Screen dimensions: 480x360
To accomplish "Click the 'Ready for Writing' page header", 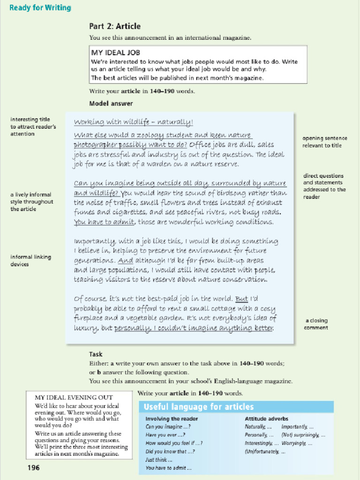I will point(40,7).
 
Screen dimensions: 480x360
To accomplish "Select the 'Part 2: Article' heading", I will point(115,26).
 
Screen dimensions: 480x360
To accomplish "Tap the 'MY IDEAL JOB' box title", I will point(115,52).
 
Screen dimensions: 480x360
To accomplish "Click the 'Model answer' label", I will point(111,103).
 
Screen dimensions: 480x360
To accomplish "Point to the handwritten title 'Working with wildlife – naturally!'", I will point(133,122).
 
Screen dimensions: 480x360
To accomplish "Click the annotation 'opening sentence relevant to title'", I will point(324,142).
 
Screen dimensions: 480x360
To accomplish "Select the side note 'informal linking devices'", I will point(30,261).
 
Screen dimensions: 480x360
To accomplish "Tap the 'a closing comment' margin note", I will point(316,324).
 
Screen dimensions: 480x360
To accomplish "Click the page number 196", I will point(34,467).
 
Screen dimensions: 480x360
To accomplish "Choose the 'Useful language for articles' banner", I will point(198,407).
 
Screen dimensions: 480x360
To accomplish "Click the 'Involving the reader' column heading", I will point(172,419).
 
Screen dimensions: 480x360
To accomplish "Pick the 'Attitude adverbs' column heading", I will point(266,419).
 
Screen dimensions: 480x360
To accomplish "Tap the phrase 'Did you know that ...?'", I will point(170,451).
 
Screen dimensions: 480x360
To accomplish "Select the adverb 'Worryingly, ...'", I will point(296,443).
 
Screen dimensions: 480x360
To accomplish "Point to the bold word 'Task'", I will point(96,354).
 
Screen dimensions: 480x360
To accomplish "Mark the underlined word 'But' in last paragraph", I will point(241,299).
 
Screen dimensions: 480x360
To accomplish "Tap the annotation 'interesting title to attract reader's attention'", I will point(33,127).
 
